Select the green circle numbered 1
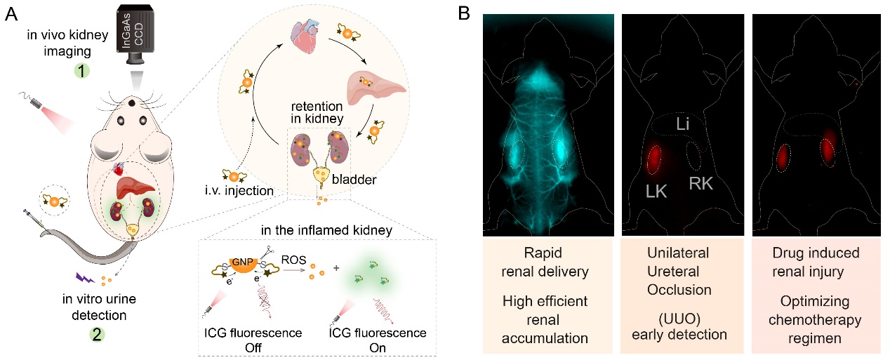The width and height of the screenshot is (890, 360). [84, 71]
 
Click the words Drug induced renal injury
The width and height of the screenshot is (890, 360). [808, 262]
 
